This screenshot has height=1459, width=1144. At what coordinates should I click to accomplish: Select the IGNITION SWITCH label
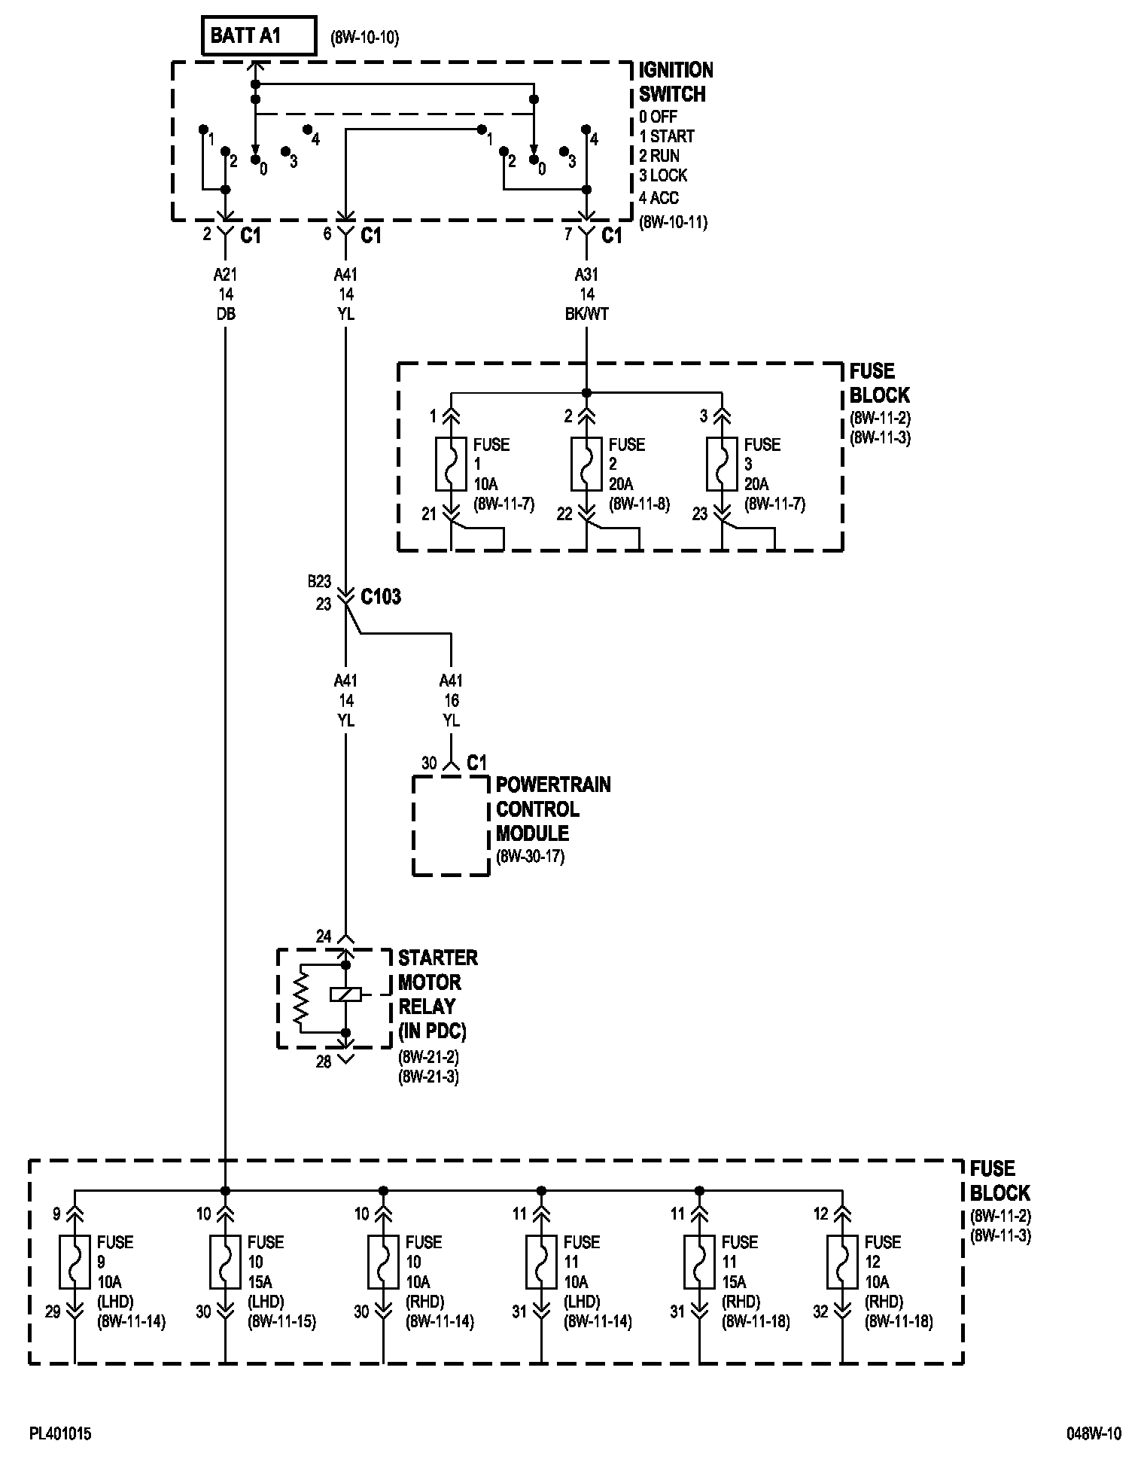675,82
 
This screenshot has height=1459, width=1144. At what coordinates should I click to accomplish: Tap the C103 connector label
381,597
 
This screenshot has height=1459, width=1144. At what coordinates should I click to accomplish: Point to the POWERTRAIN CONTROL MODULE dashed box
451,826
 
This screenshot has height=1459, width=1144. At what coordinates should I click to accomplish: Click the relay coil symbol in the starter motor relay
345,994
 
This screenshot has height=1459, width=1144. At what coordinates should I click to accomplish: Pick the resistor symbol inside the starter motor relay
301,998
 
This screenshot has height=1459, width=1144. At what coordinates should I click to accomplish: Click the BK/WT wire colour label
586,314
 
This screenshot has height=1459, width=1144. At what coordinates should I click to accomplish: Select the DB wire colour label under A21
225,314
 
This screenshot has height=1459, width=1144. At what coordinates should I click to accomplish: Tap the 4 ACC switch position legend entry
659,198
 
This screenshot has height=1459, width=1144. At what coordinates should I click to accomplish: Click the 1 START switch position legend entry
667,136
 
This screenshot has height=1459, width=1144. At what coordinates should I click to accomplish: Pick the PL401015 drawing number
60,1434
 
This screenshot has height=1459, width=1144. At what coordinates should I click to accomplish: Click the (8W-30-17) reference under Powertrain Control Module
530,857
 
